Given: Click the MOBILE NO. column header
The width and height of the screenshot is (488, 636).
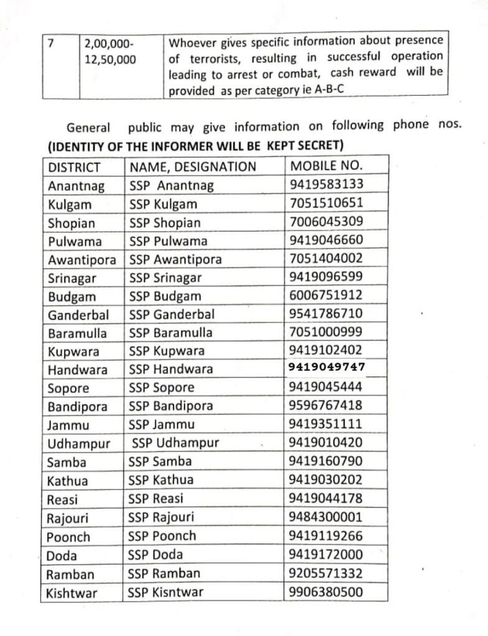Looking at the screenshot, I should [x=326, y=166].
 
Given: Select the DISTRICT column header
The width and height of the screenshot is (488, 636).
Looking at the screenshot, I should [x=75, y=166].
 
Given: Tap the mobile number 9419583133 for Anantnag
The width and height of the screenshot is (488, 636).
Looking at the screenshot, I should [x=326, y=184].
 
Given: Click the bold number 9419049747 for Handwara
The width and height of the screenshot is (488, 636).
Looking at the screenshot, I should [x=326, y=367].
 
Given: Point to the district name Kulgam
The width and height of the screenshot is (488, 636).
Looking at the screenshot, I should [x=69, y=204].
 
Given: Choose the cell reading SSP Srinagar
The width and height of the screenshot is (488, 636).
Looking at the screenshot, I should [x=165, y=278].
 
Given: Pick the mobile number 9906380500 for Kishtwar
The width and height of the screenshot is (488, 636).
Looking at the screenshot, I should [x=326, y=592].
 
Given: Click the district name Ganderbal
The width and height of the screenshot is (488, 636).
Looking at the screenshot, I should [x=78, y=314].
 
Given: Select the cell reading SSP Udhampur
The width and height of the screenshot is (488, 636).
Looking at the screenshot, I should [x=175, y=443].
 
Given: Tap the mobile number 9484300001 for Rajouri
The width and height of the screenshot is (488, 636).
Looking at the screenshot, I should [x=326, y=517].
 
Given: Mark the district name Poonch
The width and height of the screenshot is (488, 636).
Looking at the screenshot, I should [x=68, y=537].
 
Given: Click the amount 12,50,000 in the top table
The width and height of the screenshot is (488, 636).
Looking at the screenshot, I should [x=110, y=60].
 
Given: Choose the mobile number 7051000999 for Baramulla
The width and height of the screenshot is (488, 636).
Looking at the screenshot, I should [x=326, y=332].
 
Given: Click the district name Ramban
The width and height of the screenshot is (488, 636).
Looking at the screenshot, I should [x=71, y=573].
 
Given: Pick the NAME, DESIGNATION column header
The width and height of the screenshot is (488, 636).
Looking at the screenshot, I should [x=193, y=166].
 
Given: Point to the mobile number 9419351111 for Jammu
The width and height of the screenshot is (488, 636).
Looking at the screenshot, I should [x=326, y=424].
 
